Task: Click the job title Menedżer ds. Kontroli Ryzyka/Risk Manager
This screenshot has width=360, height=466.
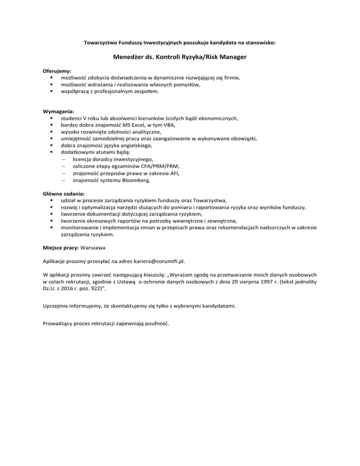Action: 180,58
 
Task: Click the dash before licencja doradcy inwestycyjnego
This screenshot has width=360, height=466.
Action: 62,159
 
